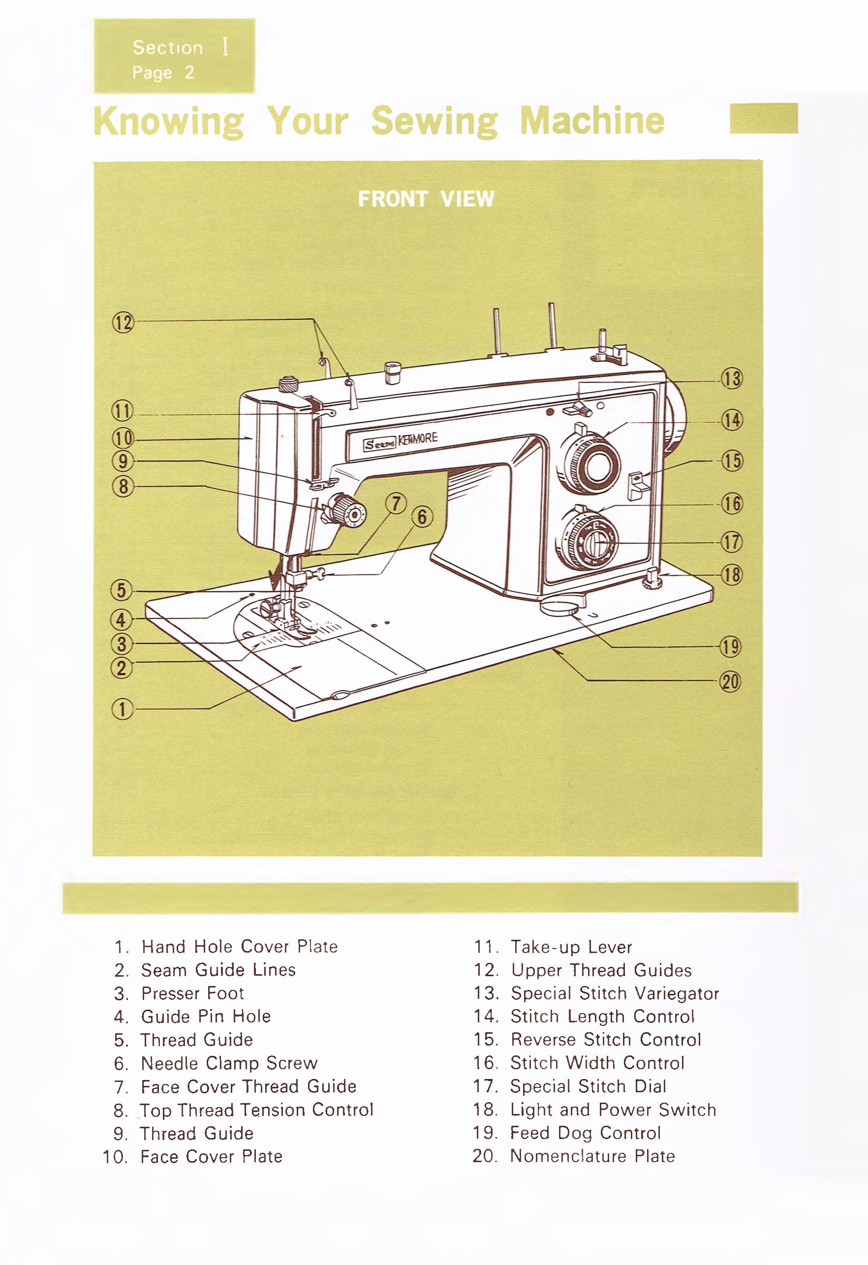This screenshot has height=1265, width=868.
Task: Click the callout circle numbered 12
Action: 123,323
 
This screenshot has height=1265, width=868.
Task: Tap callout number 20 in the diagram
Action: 731,681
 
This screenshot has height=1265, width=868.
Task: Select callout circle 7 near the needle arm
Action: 396,503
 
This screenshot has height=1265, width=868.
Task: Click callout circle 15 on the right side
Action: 731,461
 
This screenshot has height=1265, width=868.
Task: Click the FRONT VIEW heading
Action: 426,199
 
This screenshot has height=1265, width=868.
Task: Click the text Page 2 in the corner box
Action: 163,73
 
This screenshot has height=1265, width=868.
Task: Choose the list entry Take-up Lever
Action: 571,948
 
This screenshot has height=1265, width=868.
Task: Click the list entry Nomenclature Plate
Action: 592,1156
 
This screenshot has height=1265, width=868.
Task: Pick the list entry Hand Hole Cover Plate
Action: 240,947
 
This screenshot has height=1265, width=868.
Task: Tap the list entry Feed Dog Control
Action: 585,1133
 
